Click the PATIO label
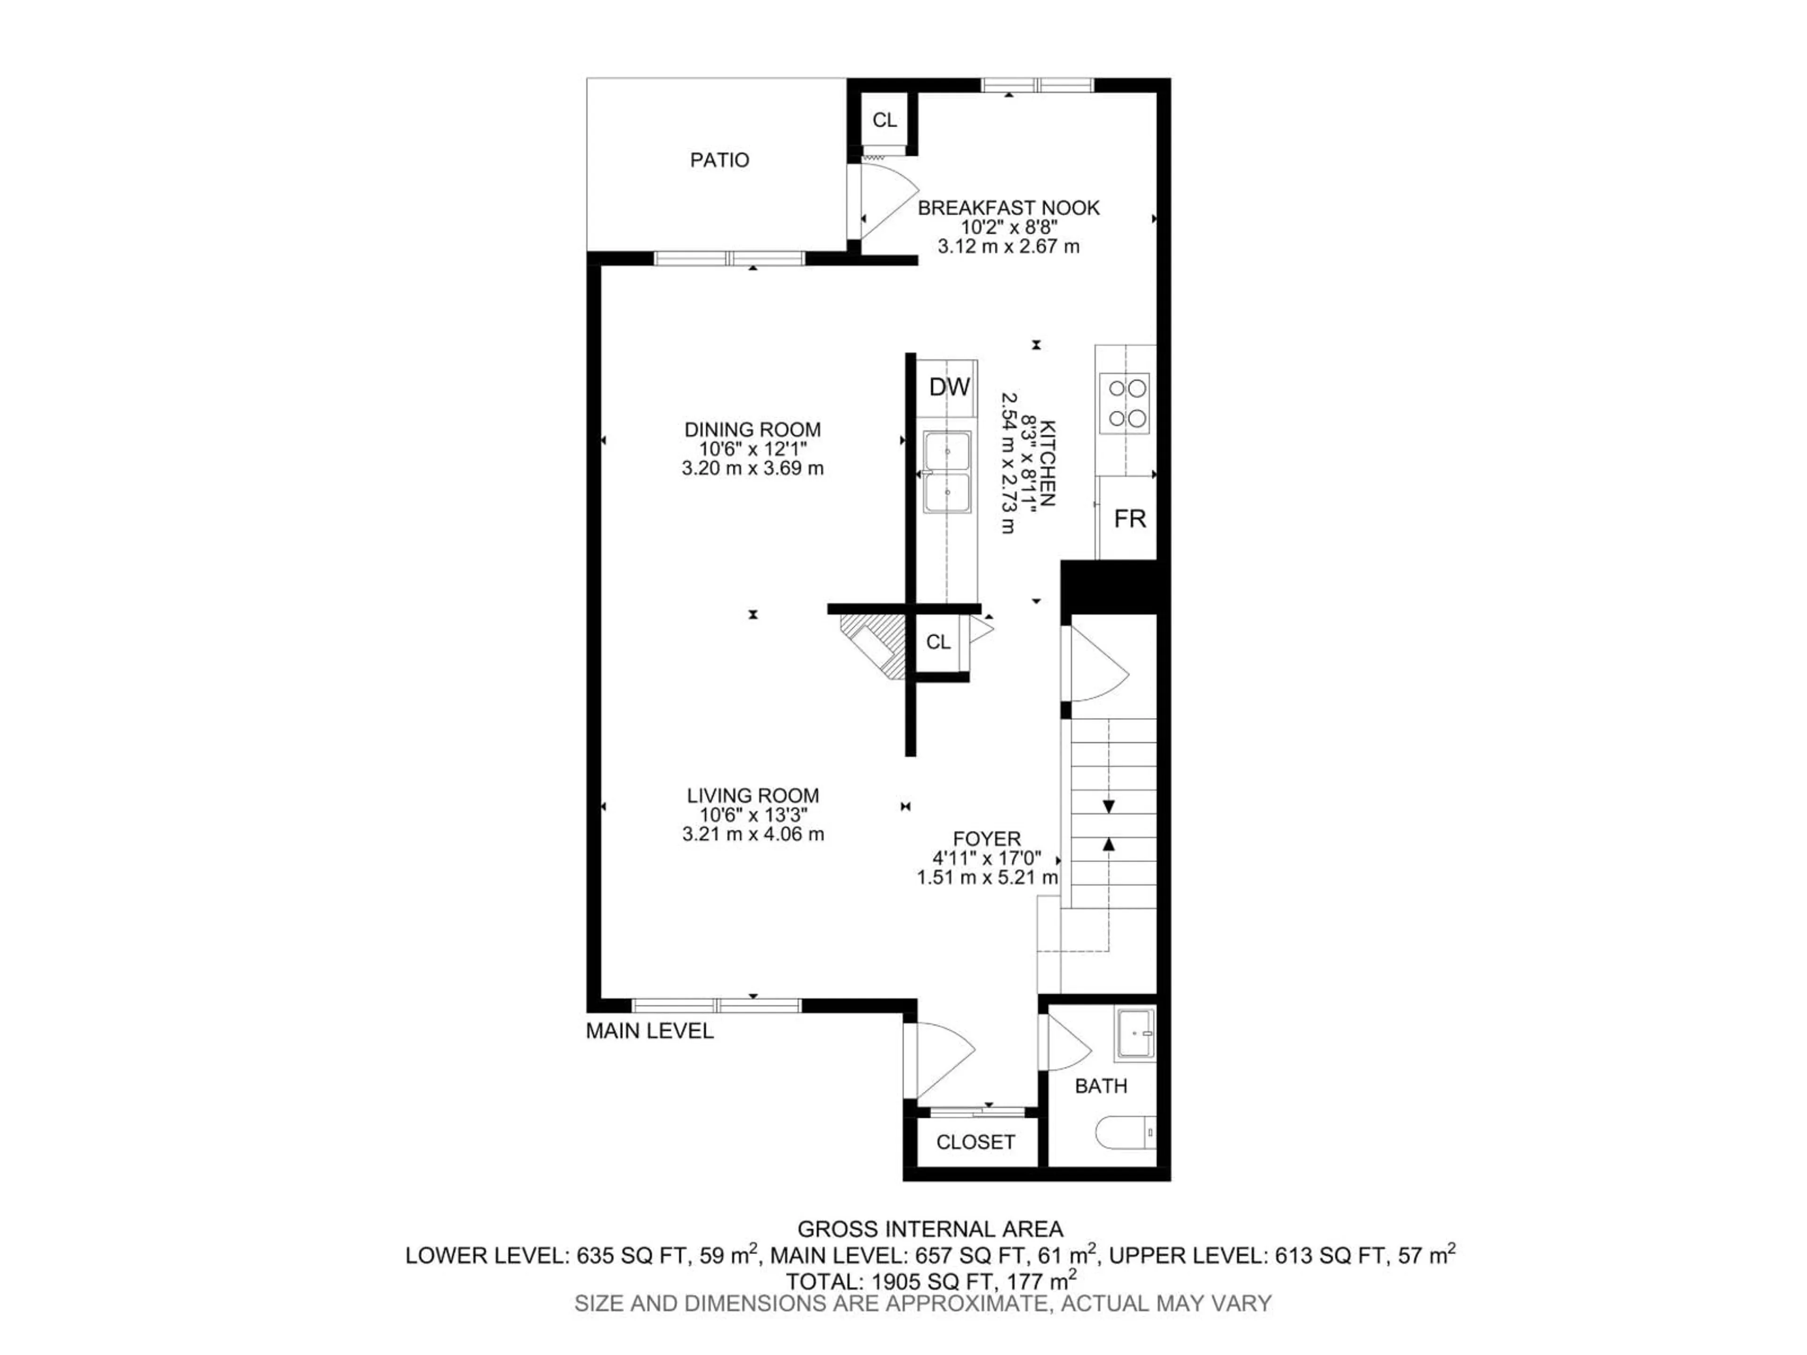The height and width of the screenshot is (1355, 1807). tap(719, 160)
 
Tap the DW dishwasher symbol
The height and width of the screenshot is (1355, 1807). tap(949, 387)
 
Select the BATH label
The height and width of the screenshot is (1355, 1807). tap(1100, 1086)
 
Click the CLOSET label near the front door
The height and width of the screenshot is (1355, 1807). tap(975, 1142)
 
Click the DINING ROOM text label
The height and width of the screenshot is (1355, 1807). tap(752, 430)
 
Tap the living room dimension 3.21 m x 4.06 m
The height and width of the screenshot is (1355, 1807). tap(752, 835)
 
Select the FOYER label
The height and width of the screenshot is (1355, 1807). tap(987, 839)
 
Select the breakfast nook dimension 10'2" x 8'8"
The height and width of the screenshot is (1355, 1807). tap(1008, 227)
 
